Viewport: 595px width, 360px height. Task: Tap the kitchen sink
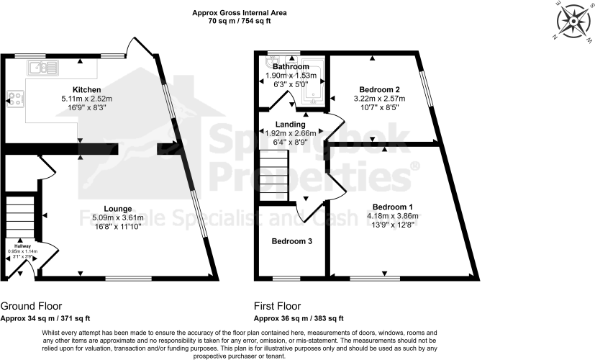[43, 68]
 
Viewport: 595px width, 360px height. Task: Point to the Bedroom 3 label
[291, 241]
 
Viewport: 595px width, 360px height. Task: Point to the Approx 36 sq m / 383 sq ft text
[299, 318]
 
